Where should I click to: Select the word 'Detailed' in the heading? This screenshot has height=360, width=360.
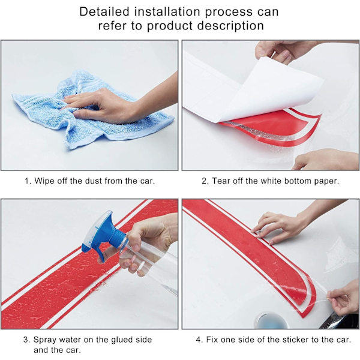pos(104,11)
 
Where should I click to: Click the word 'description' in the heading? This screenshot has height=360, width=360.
pos(230,26)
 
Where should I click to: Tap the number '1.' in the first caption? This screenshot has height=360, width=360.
pos(28,181)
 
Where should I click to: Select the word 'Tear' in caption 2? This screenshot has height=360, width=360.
pos(221,181)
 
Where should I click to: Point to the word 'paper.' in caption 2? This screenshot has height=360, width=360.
pos(326,181)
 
